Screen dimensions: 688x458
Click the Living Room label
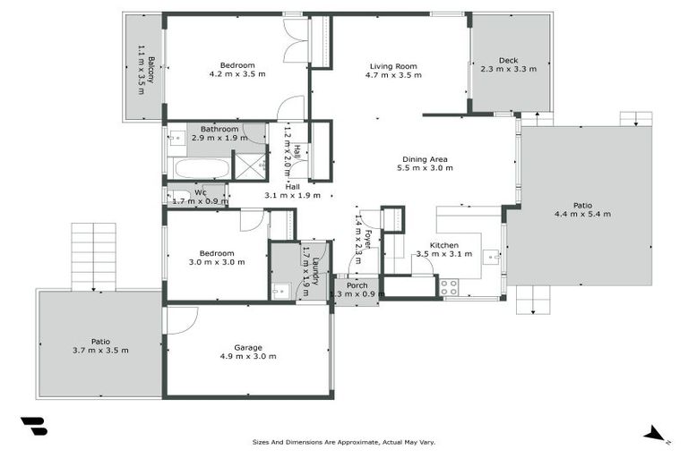click(393, 66)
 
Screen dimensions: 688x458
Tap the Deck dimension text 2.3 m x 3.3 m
click(509, 69)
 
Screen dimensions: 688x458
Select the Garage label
click(248, 348)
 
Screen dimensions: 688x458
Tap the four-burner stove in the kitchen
click(449, 287)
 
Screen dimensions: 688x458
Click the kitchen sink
click(491, 257)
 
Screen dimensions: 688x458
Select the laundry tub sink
click(280, 291)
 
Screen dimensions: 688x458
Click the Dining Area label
click(425, 159)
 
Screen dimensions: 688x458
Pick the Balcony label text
click(150, 70)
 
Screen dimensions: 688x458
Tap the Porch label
click(357, 285)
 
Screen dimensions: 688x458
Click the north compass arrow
click(656, 434)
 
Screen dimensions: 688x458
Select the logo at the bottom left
click(34, 426)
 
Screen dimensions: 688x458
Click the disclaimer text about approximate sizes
click(344, 442)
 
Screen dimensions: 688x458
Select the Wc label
click(201, 192)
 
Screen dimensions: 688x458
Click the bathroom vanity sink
click(177, 139)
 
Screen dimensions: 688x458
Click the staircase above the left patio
click(94, 257)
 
